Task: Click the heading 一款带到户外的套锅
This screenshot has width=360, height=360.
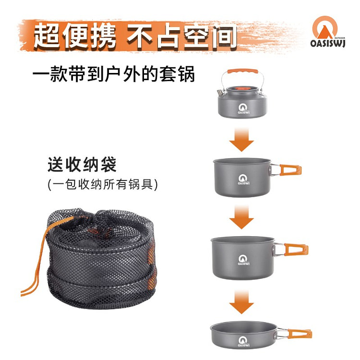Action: (x=114, y=75)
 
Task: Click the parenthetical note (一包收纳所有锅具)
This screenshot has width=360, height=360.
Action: (x=103, y=184)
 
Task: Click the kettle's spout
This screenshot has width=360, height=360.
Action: (x=219, y=90)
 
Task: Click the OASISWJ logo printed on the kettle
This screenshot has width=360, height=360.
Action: (x=241, y=106)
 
